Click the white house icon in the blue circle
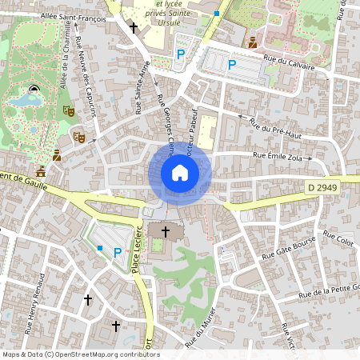(180, 172)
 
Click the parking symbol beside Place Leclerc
(118, 252)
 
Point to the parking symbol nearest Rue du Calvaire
(232, 66)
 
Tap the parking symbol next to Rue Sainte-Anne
(180, 54)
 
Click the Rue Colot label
(338, 238)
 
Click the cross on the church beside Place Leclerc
(166, 232)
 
